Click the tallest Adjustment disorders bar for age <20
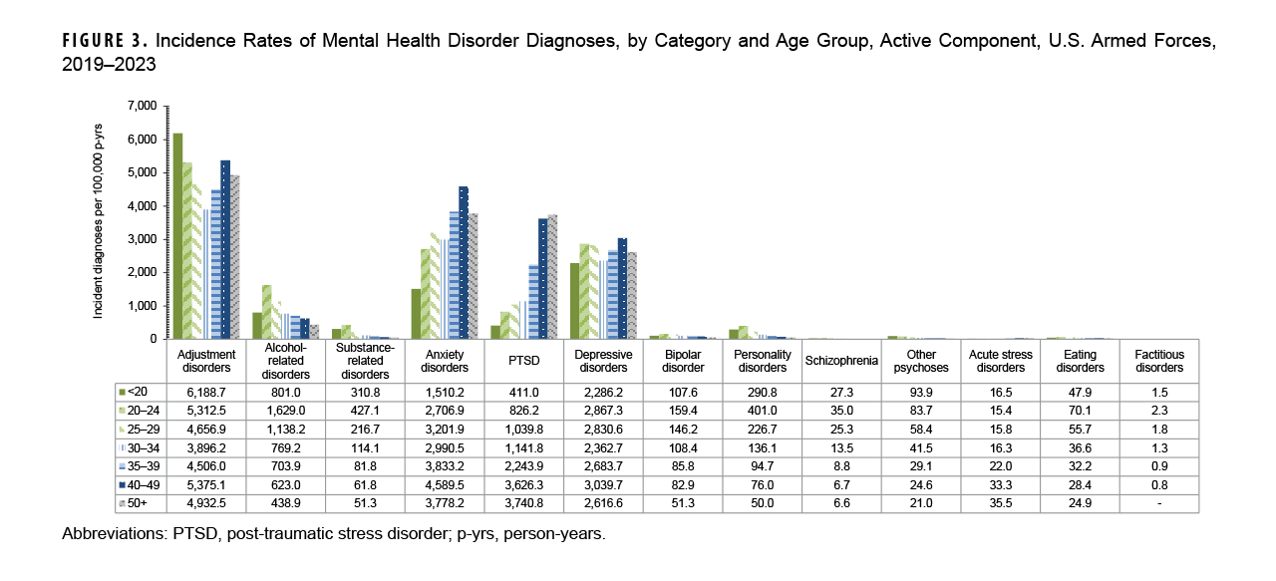[177, 235]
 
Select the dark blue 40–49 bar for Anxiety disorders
[463, 262]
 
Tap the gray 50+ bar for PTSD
[552, 276]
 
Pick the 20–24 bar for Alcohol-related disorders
[267, 311]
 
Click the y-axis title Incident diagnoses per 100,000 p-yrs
[100, 222]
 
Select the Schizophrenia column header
[841, 361]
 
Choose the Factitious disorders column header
[1159, 361]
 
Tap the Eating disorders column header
[1081, 361]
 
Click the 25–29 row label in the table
[142, 429]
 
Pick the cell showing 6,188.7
[205, 391]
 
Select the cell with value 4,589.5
[445, 485]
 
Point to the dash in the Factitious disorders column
[1159, 504]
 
